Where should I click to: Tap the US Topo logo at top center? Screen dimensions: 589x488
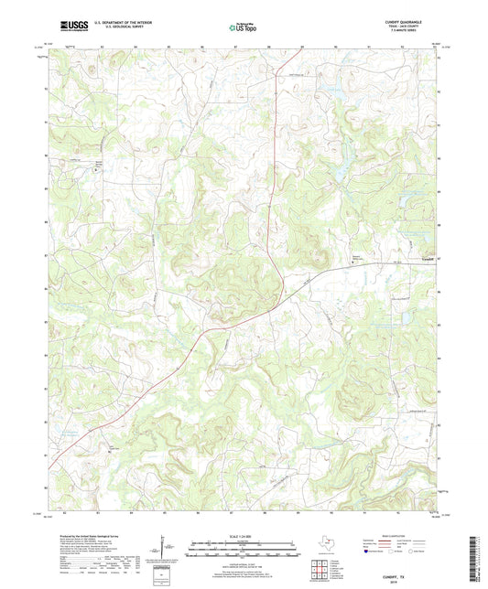[x=243, y=27]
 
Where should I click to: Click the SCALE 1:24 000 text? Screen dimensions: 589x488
[x=244, y=537]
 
